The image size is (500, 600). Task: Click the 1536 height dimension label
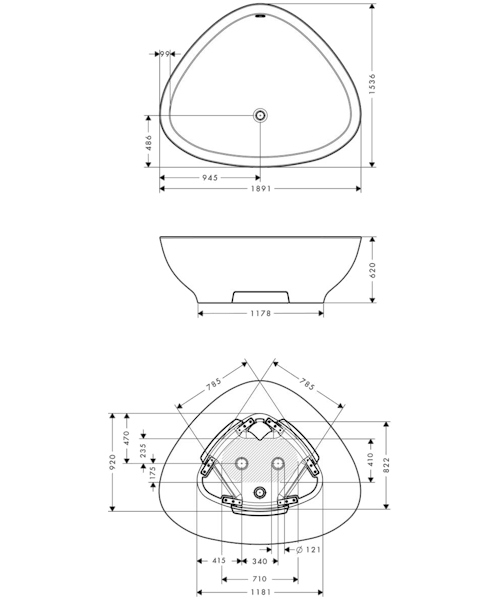coord(385,85)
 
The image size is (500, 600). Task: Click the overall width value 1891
coord(260,193)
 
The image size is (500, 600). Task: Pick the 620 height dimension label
coord(385,269)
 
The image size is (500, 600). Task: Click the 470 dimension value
coord(128,437)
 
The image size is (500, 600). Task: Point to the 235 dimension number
coord(144,451)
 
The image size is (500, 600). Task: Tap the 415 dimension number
coord(219,561)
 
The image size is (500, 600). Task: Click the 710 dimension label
coord(259,578)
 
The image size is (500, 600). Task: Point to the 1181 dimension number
coord(259,594)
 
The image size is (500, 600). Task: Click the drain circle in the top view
coord(261,115)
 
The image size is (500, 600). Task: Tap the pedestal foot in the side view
coord(260,296)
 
